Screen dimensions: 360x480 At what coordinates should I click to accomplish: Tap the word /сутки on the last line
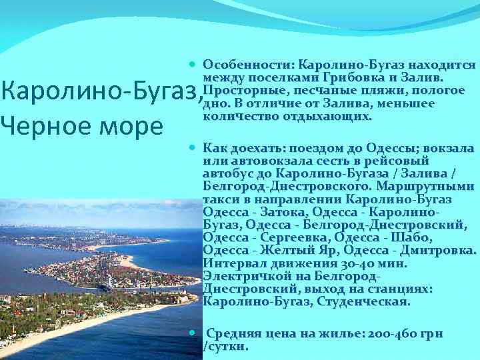tap(225, 347)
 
